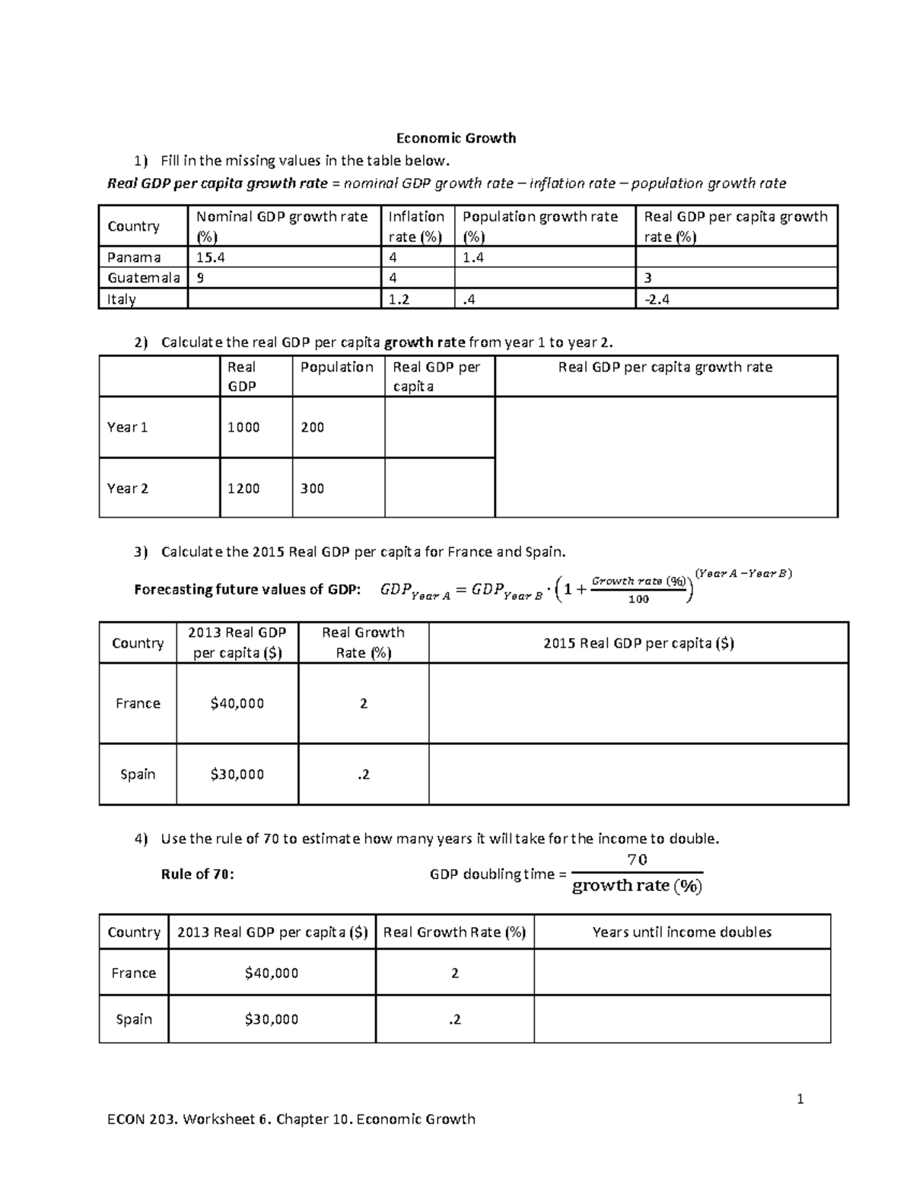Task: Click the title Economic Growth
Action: [456, 138]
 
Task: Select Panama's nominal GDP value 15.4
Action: [211, 257]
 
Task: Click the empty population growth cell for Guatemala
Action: [545, 278]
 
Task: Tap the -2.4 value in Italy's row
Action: [657, 299]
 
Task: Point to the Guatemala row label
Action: [143, 278]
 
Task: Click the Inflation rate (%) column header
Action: [415, 226]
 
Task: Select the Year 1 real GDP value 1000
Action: [243, 427]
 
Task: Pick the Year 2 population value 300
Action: [312, 488]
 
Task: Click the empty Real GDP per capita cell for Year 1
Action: [439, 427]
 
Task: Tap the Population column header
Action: [336, 367]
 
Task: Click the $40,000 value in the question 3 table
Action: [237, 703]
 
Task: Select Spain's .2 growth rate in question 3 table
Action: [363, 774]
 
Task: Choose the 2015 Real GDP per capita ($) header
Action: [638, 643]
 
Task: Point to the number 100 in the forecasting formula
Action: [638, 599]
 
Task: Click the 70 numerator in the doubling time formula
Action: [637, 859]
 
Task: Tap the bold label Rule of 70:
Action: [198, 874]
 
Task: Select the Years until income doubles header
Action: [682, 932]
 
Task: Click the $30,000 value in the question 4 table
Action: [272, 1019]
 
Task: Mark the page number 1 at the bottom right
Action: [800, 1098]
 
